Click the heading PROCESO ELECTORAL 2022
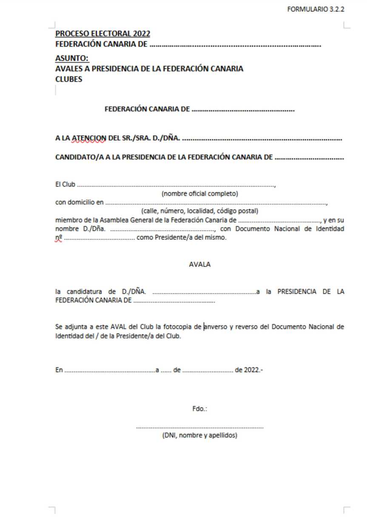click(x=102, y=34)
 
